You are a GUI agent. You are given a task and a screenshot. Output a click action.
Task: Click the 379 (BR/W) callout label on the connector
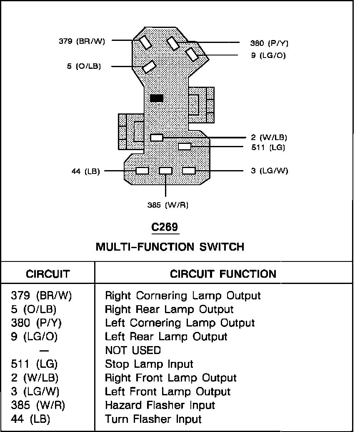pyautogui.click(x=82, y=41)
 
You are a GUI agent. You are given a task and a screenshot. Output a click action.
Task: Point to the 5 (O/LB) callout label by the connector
pyautogui.click(x=84, y=66)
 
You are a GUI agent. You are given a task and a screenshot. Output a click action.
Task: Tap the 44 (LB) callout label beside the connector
pyautogui.click(x=86, y=171)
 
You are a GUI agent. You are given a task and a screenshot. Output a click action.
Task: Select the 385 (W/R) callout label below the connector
pyautogui.click(x=165, y=205)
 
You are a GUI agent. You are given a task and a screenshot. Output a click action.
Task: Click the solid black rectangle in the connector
pyautogui.click(x=157, y=98)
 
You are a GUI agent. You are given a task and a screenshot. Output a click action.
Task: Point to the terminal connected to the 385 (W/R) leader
pyautogui.click(x=165, y=171)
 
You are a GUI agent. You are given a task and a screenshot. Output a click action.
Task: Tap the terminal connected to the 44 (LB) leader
pyautogui.click(x=142, y=171)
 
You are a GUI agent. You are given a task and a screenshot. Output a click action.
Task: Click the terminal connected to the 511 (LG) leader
pyautogui.click(x=185, y=146)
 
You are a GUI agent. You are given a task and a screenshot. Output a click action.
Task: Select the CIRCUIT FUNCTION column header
pyautogui.click(x=223, y=274)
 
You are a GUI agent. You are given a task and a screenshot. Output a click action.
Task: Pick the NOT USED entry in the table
pyautogui.click(x=132, y=350)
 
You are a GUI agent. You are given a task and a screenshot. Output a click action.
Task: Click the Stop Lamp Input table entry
pyautogui.click(x=149, y=364)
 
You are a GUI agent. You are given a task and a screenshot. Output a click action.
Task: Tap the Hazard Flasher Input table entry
pyautogui.click(x=160, y=405)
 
